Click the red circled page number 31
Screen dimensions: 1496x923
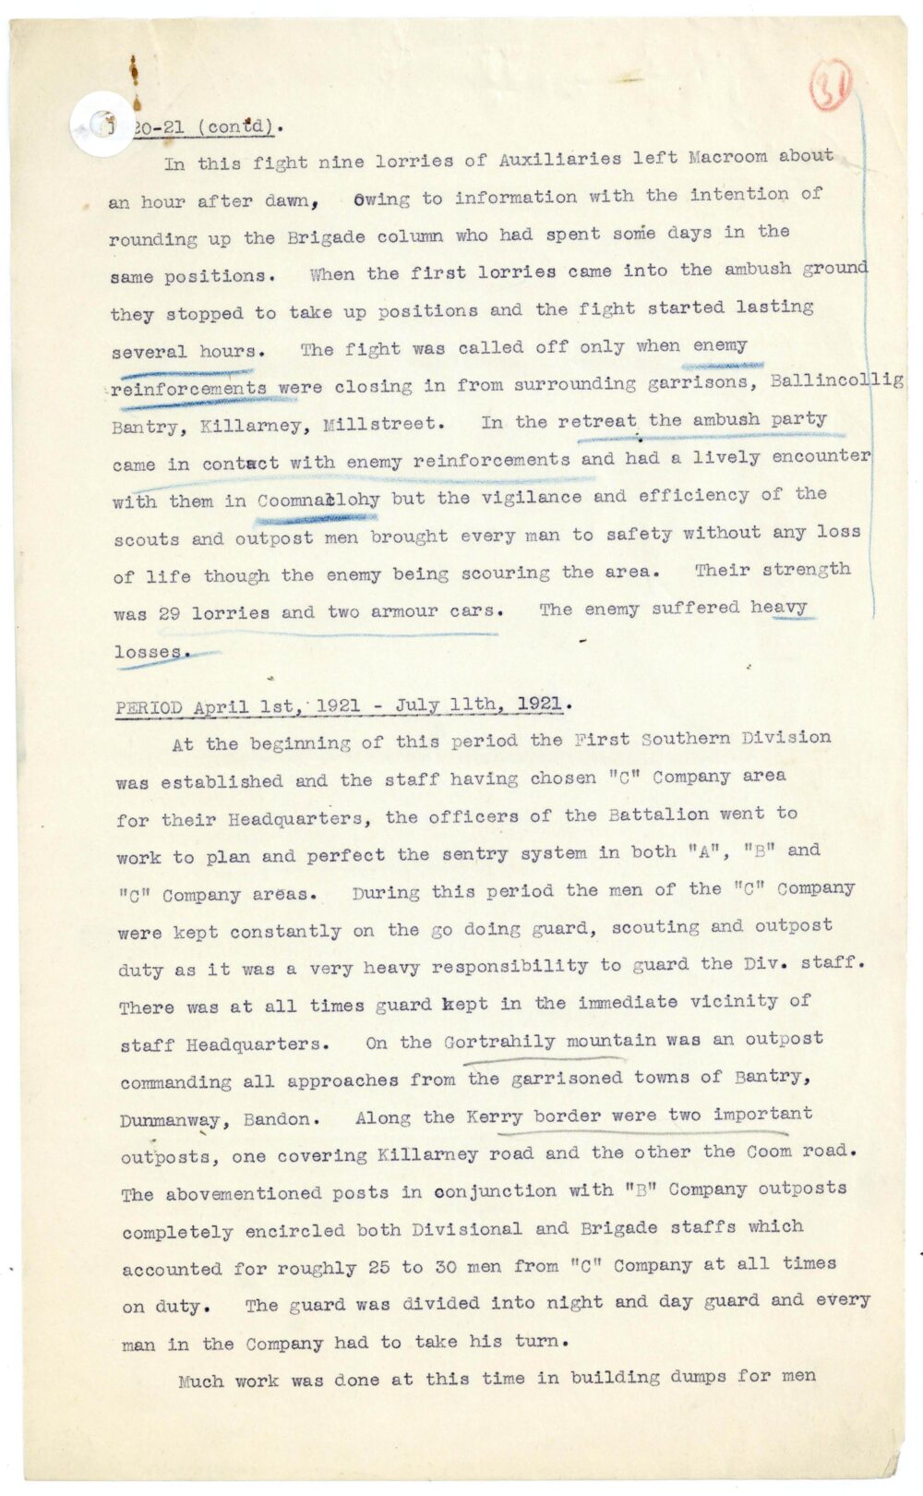tap(830, 90)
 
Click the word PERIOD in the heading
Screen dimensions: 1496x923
tap(149, 708)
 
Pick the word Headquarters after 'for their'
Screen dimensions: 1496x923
tap(295, 819)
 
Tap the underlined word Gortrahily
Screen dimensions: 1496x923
tap(498, 1042)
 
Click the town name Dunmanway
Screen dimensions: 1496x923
tap(170, 1120)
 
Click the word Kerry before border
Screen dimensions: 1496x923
tap(495, 1116)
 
